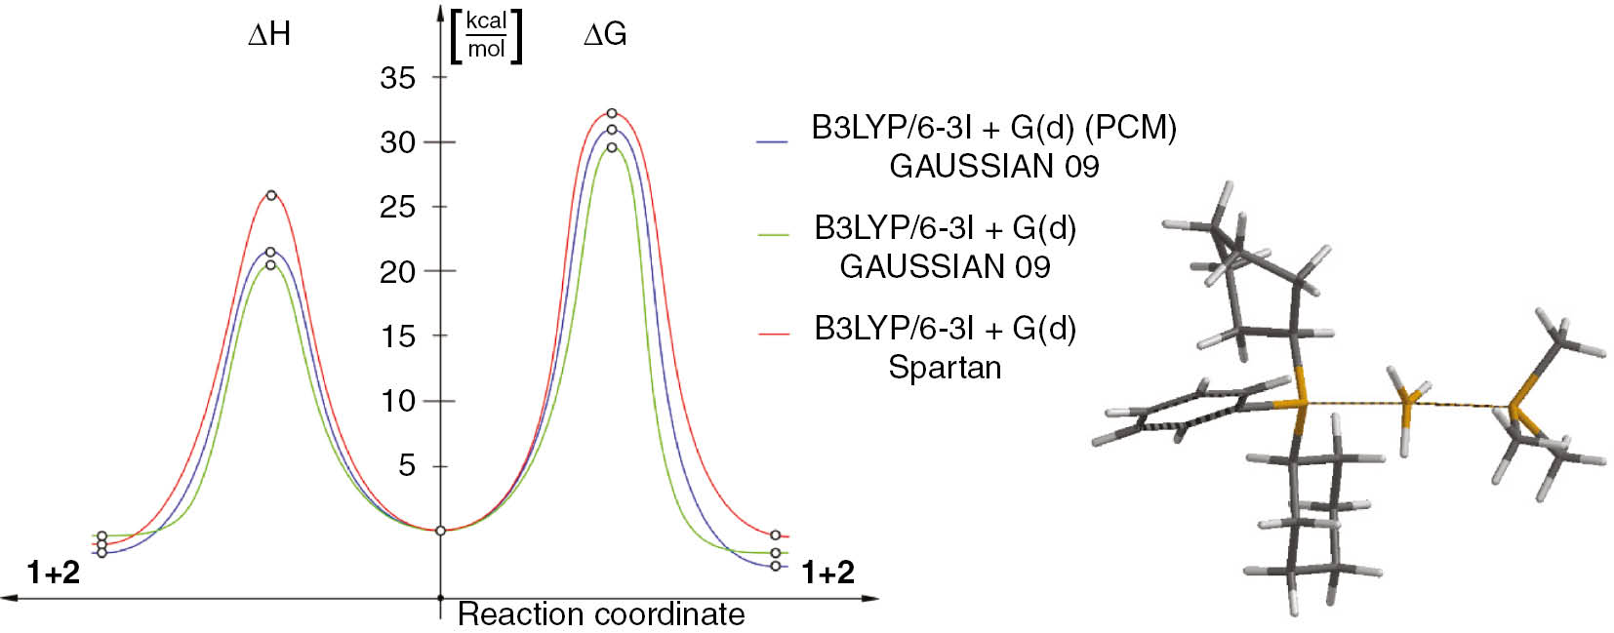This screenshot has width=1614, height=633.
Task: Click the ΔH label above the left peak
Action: pos(269,35)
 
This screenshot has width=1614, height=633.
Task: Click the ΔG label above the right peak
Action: pos(605,35)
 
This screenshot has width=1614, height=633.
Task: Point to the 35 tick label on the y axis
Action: pos(398,78)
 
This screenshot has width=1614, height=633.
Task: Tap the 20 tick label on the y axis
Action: pos(398,272)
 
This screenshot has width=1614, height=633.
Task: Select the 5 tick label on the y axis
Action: pos(407,465)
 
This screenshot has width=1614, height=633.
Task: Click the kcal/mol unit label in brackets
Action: pos(486,37)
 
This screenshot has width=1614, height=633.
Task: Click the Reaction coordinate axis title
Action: pos(600,613)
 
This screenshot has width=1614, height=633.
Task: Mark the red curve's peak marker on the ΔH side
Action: pos(271,195)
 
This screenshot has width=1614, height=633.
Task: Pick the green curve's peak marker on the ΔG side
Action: pos(612,147)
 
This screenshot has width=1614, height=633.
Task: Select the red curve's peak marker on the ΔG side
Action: pos(612,113)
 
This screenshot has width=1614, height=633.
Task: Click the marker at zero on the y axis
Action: pos(440,531)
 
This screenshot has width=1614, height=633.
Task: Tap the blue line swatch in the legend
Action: pos(772,142)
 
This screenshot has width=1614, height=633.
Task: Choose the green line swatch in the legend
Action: pos(773,235)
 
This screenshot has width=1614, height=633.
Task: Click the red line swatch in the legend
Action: pos(773,335)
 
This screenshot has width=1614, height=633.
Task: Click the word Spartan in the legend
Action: pos(945,368)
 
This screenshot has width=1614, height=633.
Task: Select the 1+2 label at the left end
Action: pos(54,573)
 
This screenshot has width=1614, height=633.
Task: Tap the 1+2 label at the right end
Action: pos(827,573)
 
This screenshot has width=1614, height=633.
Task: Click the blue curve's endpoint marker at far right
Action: pos(776,566)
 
